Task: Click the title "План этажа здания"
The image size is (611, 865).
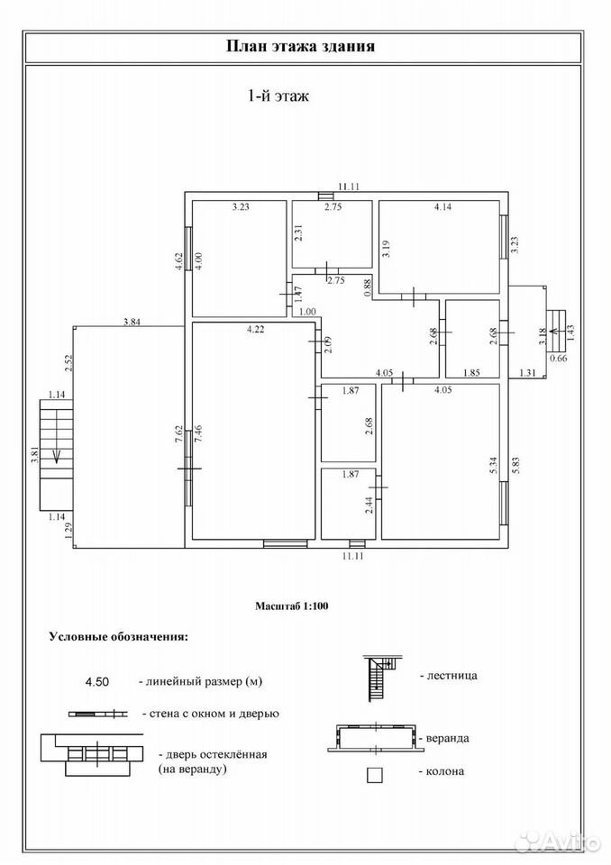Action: tap(301, 46)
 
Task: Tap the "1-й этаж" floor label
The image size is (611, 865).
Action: tap(278, 96)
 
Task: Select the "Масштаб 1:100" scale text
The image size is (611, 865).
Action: tap(291, 605)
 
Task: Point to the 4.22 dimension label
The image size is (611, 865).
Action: tap(255, 330)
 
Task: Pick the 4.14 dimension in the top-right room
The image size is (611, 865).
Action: tap(443, 207)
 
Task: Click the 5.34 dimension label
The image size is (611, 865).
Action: tap(494, 466)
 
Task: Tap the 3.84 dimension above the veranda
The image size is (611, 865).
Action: tap(132, 323)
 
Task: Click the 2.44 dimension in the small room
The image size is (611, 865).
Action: tap(369, 505)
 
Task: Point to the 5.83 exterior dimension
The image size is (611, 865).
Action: tap(516, 466)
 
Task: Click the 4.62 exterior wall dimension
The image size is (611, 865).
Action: tap(178, 261)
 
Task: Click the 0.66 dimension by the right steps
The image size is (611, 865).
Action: tap(559, 358)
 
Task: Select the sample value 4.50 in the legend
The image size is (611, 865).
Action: tap(97, 682)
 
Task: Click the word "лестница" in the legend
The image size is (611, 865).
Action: tap(452, 675)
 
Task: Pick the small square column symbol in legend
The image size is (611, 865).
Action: tap(375, 775)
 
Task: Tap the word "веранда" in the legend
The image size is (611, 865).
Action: tap(448, 738)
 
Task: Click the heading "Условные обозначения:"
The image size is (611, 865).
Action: tap(119, 637)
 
